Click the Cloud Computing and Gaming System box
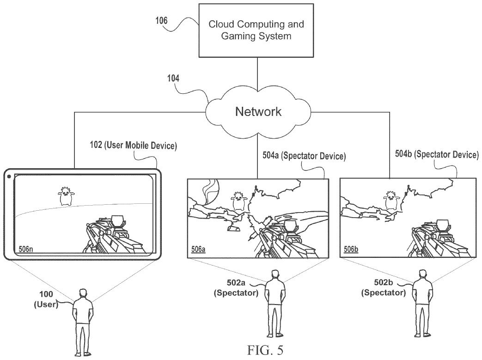256,30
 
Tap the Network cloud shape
258,111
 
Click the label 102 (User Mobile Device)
133,146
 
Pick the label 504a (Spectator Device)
300,156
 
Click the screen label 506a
198,250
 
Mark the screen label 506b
351,250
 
